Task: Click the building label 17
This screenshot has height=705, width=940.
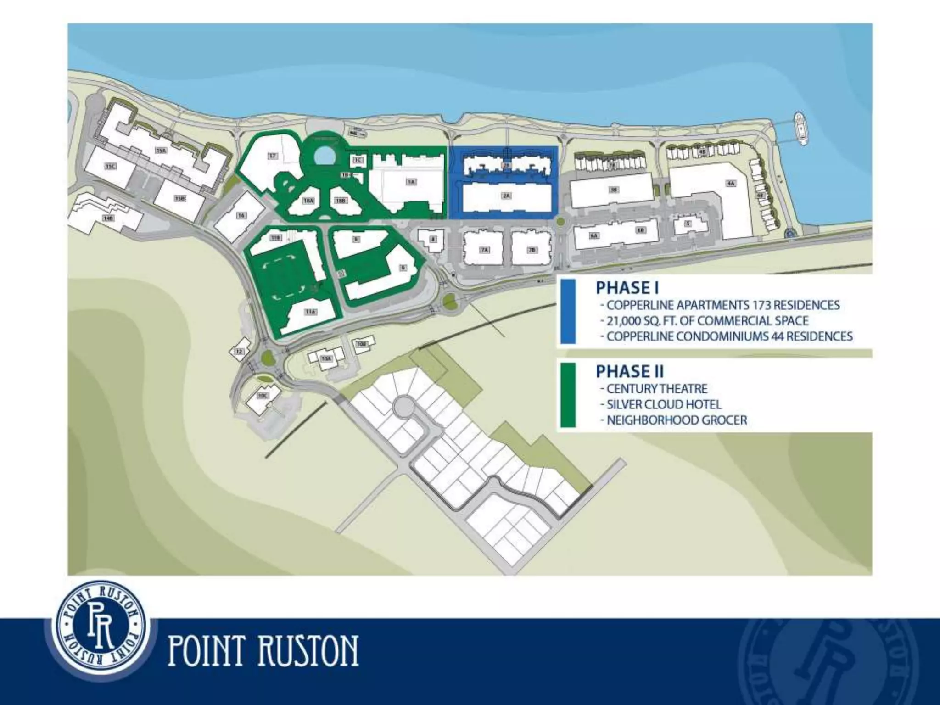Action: tap(273, 157)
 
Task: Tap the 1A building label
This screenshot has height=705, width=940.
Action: tap(411, 182)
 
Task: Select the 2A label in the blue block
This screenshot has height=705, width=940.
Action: tap(506, 196)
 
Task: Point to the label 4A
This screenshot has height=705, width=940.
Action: tap(731, 183)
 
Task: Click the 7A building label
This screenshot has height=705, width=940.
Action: tap(484, 250)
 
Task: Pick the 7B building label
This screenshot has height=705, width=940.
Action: tap(532, 250)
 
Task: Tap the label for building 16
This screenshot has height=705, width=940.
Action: tap(241, 215)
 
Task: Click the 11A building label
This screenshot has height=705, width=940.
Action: tap(311, 312)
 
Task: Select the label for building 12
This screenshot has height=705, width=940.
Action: tap(238, 352)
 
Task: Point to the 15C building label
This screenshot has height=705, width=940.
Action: tap(109, 167)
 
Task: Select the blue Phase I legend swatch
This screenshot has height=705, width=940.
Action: tap(568, 312)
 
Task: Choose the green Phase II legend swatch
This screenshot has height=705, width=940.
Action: tap(568, 395)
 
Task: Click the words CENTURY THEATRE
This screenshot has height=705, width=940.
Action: tap(657, 389)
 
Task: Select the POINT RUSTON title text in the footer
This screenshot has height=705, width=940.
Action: tap(263, 650)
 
